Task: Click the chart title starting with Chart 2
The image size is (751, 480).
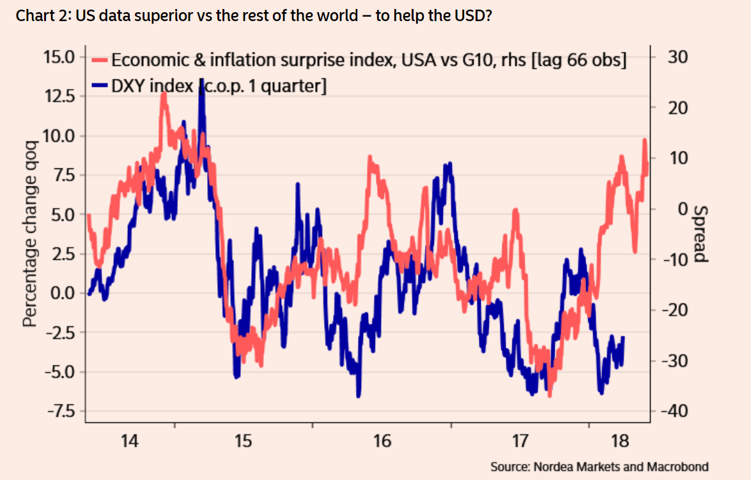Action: [253, 16]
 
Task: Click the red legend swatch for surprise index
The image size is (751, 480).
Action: [100, 60]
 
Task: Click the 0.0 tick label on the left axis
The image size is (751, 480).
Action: [62, 293]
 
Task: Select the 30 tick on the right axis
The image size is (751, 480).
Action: [677, 56]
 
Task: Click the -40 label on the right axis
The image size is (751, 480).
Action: [673, 411]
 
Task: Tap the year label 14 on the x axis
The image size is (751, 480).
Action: [130, 441]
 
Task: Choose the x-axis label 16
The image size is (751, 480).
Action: [382, 441]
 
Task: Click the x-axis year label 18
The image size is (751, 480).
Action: [620, 441]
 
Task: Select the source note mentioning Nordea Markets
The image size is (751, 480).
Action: [600, 466]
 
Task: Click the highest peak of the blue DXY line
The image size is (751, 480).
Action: [202, 80]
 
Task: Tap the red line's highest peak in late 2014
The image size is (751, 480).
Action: [164, 94]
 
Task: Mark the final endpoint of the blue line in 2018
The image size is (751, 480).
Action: [623, 338]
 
